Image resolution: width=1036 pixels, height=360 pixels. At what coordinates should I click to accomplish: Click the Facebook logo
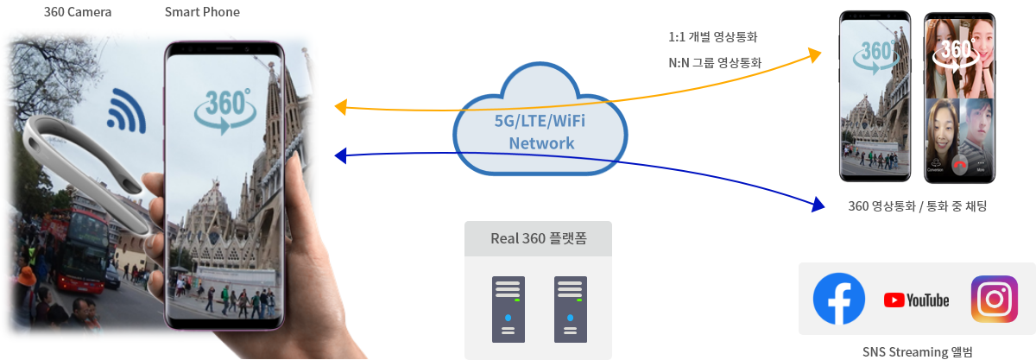pos(838,299)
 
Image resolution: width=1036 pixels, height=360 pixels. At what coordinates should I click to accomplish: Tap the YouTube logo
pos(916,300)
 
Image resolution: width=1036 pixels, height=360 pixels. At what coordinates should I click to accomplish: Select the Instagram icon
pos(995,299)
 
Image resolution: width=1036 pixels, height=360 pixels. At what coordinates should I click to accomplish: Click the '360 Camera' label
pos(78,12)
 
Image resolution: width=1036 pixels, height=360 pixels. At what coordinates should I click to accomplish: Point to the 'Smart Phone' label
pos(202,12)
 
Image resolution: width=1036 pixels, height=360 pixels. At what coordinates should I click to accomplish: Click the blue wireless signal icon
pos(126,111)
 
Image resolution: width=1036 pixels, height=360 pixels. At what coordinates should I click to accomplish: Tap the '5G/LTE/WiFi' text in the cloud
pos(540,121)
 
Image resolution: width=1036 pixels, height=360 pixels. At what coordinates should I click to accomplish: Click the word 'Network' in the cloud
pos(541,143)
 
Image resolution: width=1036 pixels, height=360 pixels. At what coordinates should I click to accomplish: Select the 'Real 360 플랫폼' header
pos(539,239)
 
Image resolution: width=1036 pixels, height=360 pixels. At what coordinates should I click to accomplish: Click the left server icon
pos(509,310)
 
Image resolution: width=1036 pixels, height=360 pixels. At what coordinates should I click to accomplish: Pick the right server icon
pos(571,310)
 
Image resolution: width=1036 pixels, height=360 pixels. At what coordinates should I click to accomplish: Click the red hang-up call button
pos(960,165)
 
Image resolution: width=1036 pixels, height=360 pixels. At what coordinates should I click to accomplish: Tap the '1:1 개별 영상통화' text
pos(713,37)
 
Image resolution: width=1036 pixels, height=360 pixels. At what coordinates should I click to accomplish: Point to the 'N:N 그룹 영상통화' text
pos(715,62)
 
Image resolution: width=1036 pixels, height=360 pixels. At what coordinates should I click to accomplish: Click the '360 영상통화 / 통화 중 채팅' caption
pos(918,206)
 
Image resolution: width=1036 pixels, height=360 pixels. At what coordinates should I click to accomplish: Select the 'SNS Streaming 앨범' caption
pos(918,352)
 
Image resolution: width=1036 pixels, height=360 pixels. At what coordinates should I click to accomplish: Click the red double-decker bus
pos(79,249)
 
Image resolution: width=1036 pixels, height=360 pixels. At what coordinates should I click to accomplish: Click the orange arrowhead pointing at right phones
pos(814,55)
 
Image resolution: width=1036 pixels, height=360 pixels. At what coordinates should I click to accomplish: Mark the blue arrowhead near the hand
pos(340,156)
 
